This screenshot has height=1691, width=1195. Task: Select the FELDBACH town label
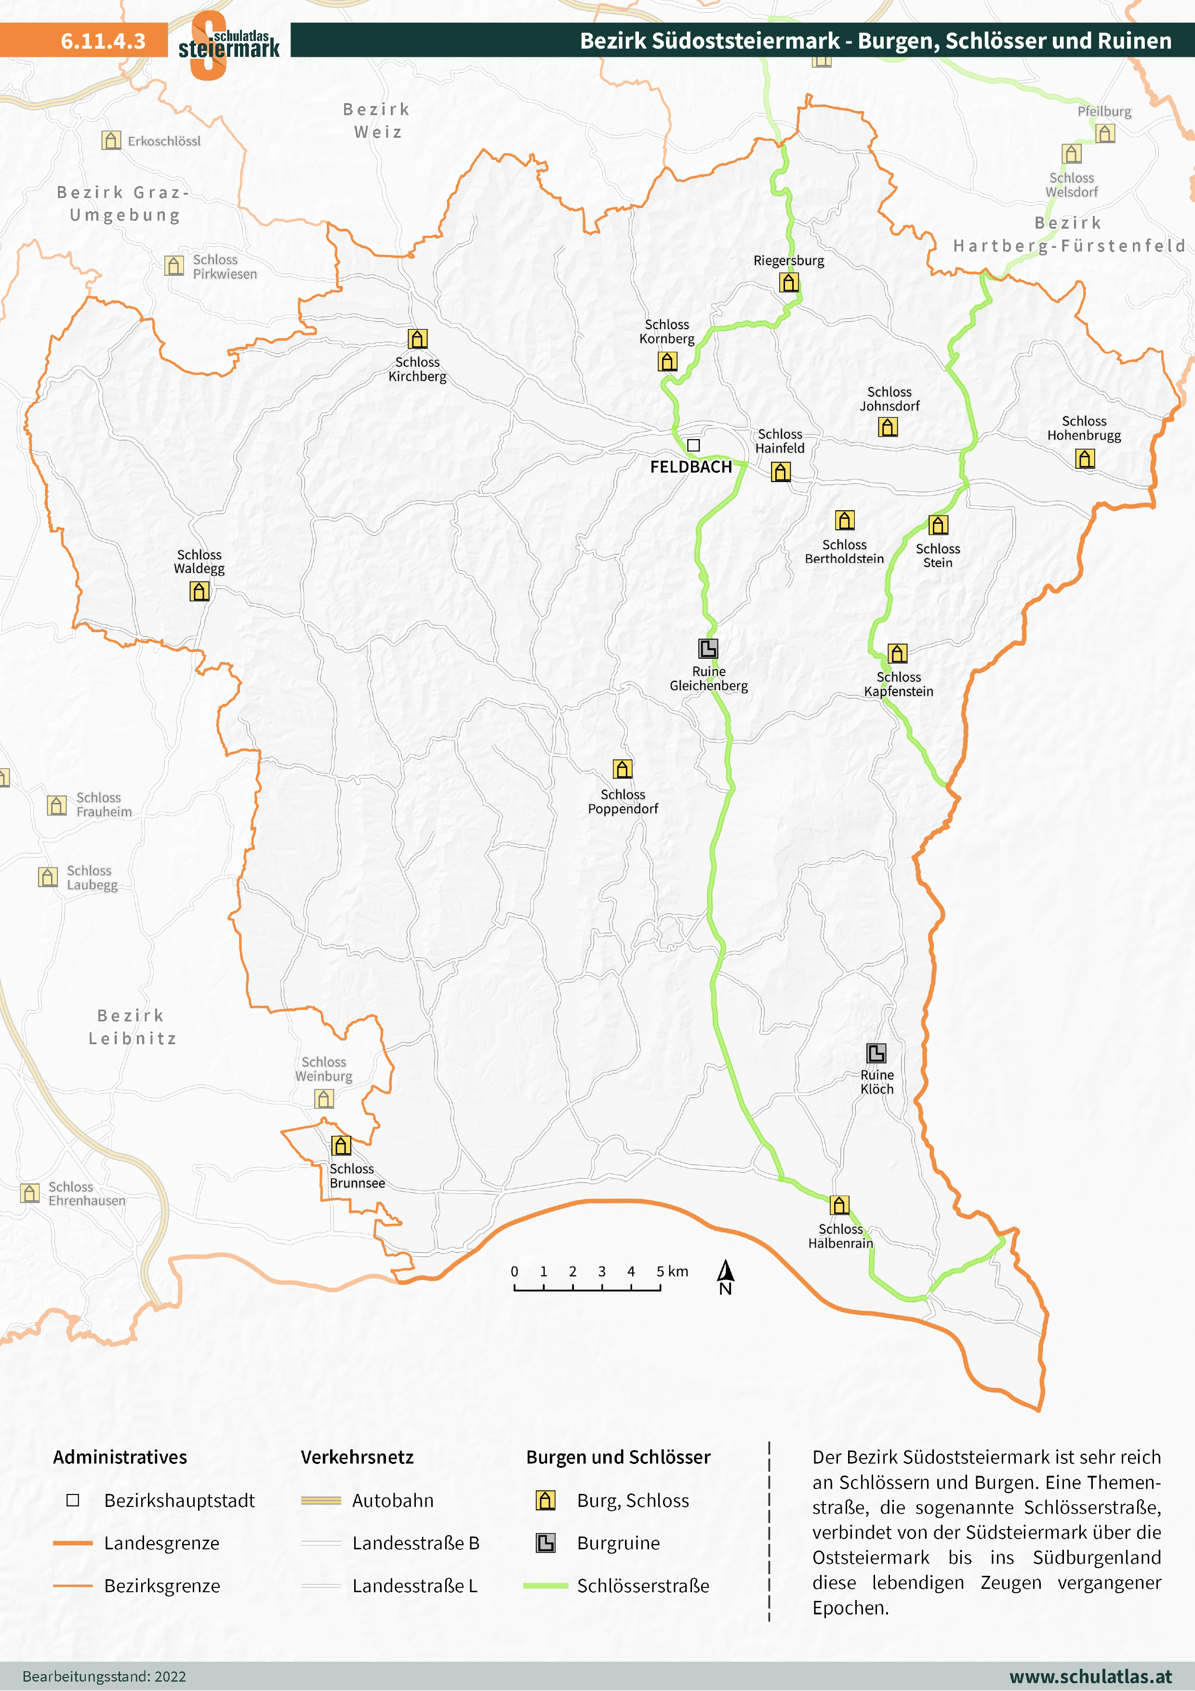click(x=690, y=467)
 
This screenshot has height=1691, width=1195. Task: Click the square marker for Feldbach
click(x=693, y=445)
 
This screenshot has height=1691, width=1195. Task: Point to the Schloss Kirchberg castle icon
click(x=417, y=339)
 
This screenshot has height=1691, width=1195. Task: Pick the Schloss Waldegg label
click(x=199, y=562)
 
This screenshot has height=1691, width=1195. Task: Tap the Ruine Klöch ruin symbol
click(x=876, y=1052)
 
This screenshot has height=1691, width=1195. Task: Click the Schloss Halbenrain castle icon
click(x=839, y=1205)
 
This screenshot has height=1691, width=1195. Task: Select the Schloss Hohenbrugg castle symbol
click(x=1085, y=459)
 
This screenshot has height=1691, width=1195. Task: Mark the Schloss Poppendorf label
click(x=623, y=801)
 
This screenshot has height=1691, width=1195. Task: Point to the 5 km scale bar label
click(x=672, y=1271)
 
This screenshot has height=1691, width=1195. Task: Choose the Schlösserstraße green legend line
click(x=545, y=1585)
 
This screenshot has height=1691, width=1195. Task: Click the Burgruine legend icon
click(x=545, y=1543)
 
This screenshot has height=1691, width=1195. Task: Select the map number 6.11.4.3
click(x=103, y=40)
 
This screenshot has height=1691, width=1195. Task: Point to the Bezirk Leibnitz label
click(x=133, y=1026)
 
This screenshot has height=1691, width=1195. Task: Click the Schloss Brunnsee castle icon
click(x=341, y=1145)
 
